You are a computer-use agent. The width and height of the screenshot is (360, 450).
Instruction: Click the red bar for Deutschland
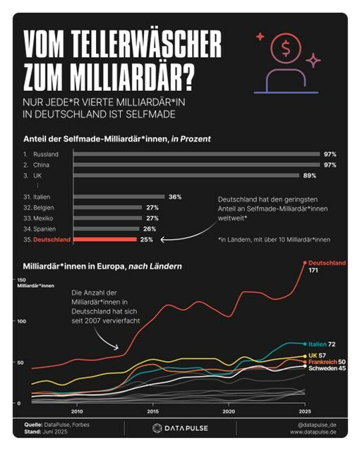click(x=104, y=240)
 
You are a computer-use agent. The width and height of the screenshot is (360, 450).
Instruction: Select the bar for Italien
click(x=119, y=197)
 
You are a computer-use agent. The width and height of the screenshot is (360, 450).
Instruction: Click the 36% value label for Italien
click(x=175, y=197)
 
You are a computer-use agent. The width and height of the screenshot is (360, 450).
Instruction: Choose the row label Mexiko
click(x=43, y=219)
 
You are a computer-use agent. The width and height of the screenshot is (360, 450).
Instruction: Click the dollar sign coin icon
click(x=286, y=48)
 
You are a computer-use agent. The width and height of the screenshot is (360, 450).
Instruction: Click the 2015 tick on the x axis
click(x=152, y=411)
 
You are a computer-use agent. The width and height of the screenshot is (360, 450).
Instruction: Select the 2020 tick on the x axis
click(x=228, y=411)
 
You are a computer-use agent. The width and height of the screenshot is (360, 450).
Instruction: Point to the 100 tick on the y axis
click(x=21, y=321)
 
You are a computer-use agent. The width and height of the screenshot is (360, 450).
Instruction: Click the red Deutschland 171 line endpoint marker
click(x=304, y=263)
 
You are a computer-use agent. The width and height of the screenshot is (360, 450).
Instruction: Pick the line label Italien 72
click(x=321, y=343)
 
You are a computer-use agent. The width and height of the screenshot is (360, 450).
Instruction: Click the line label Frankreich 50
click(x=325, y=361)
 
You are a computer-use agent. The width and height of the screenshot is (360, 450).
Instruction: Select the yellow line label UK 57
click(x=317, y=355)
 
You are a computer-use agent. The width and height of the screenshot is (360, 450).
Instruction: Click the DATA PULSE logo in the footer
click(x=180, y=427)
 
